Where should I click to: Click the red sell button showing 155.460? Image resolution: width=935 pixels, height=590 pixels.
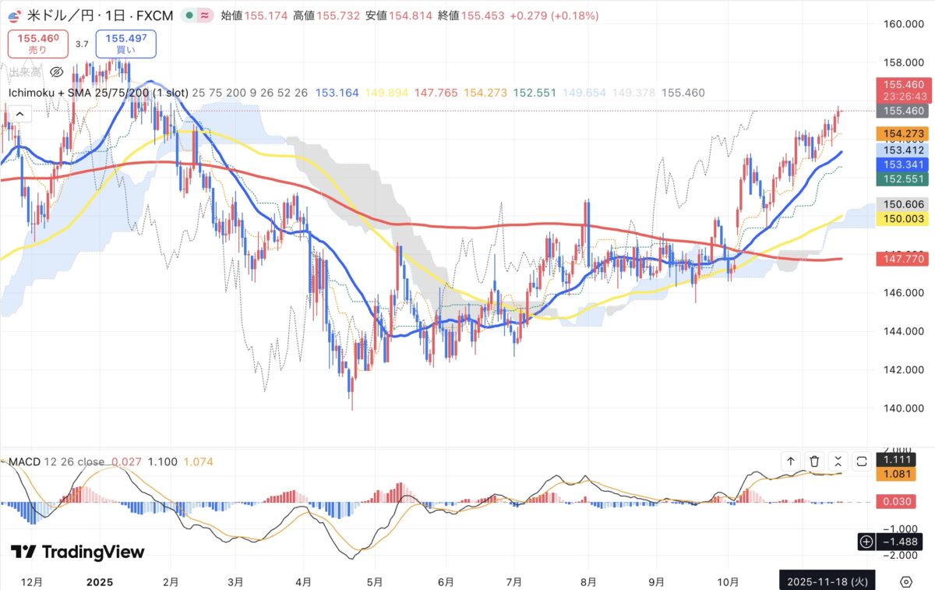pyautogui.click(x=38, y=43)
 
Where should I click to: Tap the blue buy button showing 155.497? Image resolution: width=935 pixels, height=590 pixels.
pyautogui.click(x=126, y=43)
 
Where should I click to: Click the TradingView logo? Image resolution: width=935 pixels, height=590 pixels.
pyautogui.click(x=78, y=552)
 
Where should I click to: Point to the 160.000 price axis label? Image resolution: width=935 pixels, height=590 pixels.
pyautogui.click(x=902, y=24)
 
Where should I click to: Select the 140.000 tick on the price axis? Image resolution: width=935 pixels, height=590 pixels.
pyautogui.click(x=902, y=408)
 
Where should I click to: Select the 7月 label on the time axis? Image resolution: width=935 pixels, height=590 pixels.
pyautogui.click(x=513, y=581)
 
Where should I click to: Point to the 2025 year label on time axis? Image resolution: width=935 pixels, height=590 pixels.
pyautogui.click(x=100, y=581)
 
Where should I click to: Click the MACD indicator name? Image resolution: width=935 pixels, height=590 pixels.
pyautogui.click(x=24, y=461)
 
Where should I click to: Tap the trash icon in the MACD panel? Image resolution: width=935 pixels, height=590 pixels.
pyautogui.click(x=814, y=461)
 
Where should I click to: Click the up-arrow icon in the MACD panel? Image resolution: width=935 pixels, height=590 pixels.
pyautogui.click(x=791, y=461)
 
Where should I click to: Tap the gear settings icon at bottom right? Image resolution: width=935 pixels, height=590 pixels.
pyautogui.click(x=906, y=581)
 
